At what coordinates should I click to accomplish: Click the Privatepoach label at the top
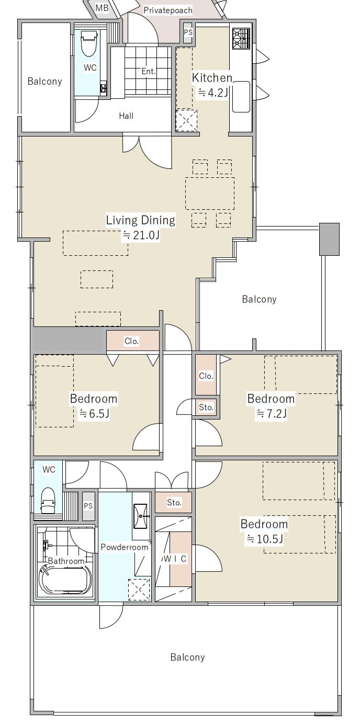[x=168, y=10]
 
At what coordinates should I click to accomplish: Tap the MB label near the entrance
[x=102, y=8]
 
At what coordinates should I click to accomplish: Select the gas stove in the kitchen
[x=241, y=39]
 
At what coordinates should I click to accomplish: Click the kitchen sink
[x=241, y=97]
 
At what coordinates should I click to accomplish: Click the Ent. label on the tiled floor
[x=149, y=71]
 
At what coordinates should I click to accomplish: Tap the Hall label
[x=126, y=116]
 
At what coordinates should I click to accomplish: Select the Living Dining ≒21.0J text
[x=141, y=227]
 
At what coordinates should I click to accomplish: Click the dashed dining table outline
[x=210, y=193]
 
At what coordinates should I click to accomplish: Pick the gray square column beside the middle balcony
[x=329, y=239]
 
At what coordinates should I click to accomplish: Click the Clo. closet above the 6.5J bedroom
[x=133, y=341]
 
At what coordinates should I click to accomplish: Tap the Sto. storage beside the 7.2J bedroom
[x=206, y=407]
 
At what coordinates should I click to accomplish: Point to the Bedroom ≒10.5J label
[x=264, y=531]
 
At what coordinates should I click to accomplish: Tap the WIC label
[x=174, y=559]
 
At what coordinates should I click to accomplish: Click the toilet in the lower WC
[x=48, y=501]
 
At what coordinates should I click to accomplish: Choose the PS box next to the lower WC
[x=88, y=506]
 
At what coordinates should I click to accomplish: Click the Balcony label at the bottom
[x=187, y=657]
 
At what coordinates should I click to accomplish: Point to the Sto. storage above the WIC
[x=174, y=502]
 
